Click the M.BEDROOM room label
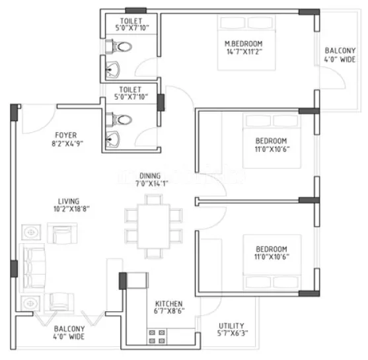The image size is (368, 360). click(243, 44)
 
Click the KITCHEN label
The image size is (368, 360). click(168, 304)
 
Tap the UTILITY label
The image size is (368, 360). click(231, 326)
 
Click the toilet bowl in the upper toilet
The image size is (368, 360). click(122, 47)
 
